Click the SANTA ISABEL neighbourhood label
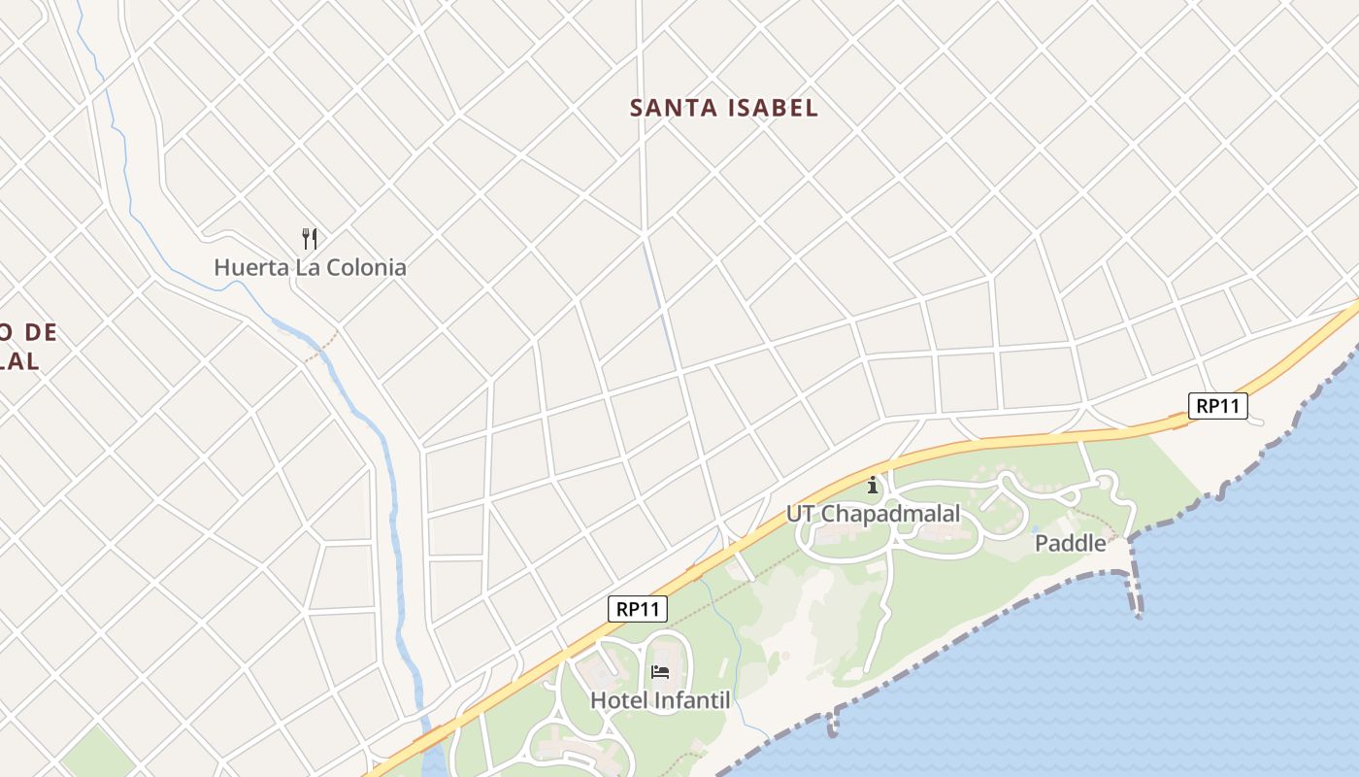[724, 108]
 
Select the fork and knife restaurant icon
[310, 238]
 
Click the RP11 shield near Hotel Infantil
[638, 609]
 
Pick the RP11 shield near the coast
[1217, 406]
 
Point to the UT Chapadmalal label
[873, 514]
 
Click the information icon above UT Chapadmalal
[873, 485]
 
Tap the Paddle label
[1070, 543]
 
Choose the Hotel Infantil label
[660, 699]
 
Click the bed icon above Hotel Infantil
[660, 672]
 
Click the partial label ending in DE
[29, 333]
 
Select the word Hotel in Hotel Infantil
[619, 699]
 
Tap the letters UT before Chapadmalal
[800, 514]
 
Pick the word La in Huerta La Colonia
[306, 267]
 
